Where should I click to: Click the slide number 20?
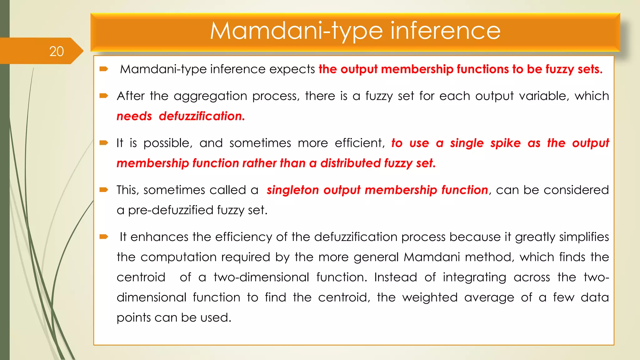pyautogui.click(x=57, y=51)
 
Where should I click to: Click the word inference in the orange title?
pyautogui.click(x=445, y=31)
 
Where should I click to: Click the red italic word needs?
pyautogui.click(x=134, y=116)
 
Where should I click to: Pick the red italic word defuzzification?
pyautogui.click(x=202, y=116)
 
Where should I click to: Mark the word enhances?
pyautogui.click(x=159, y=237)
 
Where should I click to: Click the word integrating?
pyautogui.click(x=474, y=277)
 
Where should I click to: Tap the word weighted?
pyautogui.click(x=430, y=297)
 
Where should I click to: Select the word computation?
pyautogui.click(x=205, y=257)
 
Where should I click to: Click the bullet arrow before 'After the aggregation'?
pyautogui.click(x=103, y=96)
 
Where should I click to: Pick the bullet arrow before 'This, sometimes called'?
pyautogui.click(x=103, y=190)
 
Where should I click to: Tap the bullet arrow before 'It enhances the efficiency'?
pyautogui.click(x=103, y=237)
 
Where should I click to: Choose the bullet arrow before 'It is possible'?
pyautogui.click(x=103, y=143)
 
